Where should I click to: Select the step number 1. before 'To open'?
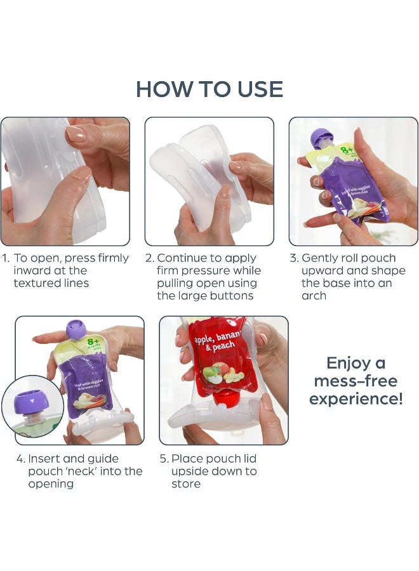click(5, 258)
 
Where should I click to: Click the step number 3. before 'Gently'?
click(294, 258)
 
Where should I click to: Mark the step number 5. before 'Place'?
click(164, 459)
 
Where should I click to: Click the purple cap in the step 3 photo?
click(321, 138)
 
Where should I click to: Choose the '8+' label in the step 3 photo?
click(347, 150)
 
